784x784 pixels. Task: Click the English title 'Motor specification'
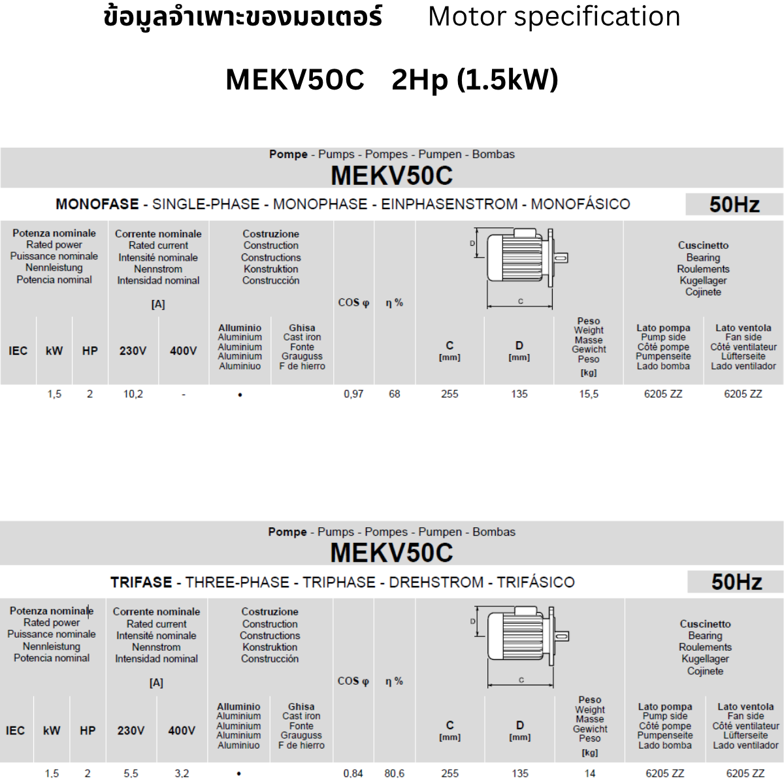(x=554, y=17)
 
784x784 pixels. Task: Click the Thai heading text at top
(x=243, y=17)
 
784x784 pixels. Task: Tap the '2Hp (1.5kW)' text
(x=474, y=80)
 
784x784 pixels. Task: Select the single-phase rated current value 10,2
(x=133, y=394)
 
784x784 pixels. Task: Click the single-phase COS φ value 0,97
(x=353, y=394)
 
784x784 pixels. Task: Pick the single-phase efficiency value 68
(x=394, y=394)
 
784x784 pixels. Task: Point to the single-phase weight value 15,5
(x=589, y=394)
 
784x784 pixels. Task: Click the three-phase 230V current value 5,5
(x=131, y=773)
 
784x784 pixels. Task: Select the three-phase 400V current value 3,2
(x=182, y=773)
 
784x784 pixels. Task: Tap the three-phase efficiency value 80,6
(x=394, y=773)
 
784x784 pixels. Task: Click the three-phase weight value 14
(x=590, y=773)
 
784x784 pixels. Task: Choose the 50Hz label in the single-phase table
(x=734, y=204)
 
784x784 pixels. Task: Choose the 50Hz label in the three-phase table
(x=736, y=582)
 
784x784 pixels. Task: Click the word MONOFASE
(x=97, y=204)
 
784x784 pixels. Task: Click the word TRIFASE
(x=141, y=582)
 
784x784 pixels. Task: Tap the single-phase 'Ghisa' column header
(x=302, y=328)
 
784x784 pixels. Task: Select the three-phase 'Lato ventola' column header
(x=745, y=707)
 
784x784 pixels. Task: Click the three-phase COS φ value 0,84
(x=353, y=773)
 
